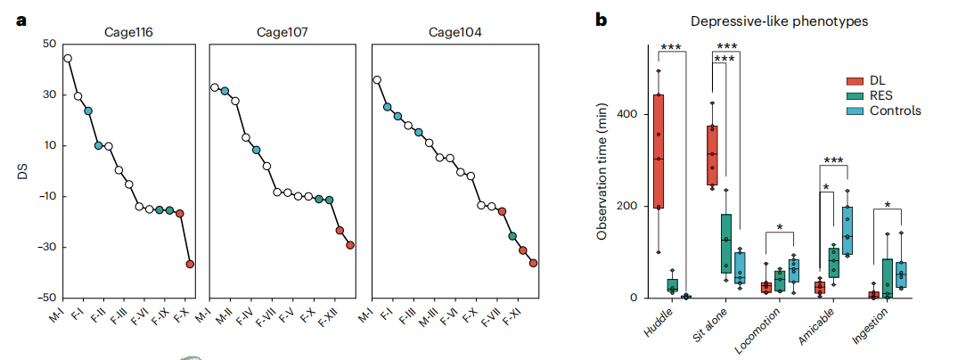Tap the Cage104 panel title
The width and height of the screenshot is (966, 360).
[454, 33]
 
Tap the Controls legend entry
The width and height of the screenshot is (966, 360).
[895, 110]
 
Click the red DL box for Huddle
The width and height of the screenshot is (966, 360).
[659, 151]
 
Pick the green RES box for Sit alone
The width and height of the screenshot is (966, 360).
[726, 242]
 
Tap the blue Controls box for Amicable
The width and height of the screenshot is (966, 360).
[847, 231]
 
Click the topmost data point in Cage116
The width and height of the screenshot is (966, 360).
[68, 59]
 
